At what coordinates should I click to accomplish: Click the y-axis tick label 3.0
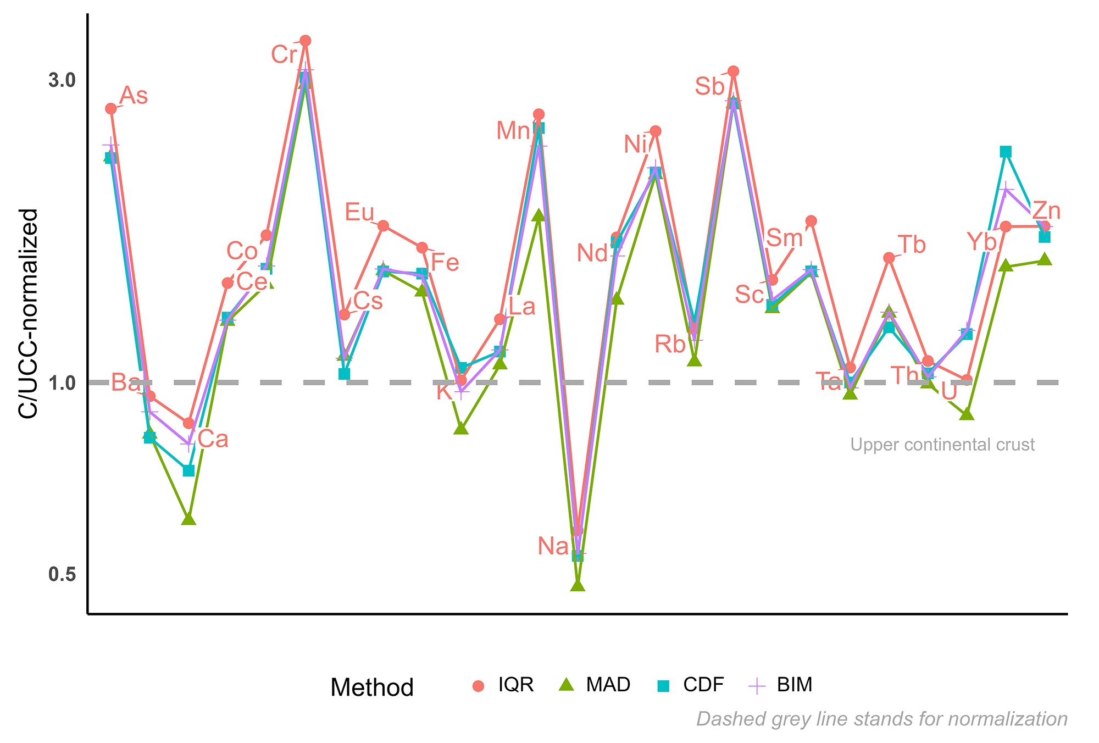pyautogui.click(x=62, y=80)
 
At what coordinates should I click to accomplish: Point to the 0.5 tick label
pyautogui.click(x=62, y=574)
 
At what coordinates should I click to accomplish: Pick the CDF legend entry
pyautogui.click(x=703, y=685)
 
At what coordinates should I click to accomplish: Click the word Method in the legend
pyautogui.click(x=372, y=687)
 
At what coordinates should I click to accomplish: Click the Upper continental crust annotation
pyautogui.click(x=942, y=445)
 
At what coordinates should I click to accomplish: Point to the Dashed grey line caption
pyautogui.click(x=881, y=719)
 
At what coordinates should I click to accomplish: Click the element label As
pyautogui.click(x=134, y=96)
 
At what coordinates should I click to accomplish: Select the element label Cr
pyautogui.click(x=284, y=55)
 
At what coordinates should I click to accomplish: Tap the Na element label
pyautogui.click(x=553, y=546)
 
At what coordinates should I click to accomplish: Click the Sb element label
pyautogui.click(x=709, y=87)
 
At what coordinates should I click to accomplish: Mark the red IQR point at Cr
pyautogui.click(x=306, y=41)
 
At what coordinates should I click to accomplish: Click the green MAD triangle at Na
pyautogui.click(x=578, y=585)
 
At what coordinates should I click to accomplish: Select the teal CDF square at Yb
pyautogui.click(x=1006, y=152)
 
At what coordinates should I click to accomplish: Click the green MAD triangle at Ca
pyautogui.click(x=188, y=518)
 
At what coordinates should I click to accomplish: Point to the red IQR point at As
pyautogui.click(x=111, y=109)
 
